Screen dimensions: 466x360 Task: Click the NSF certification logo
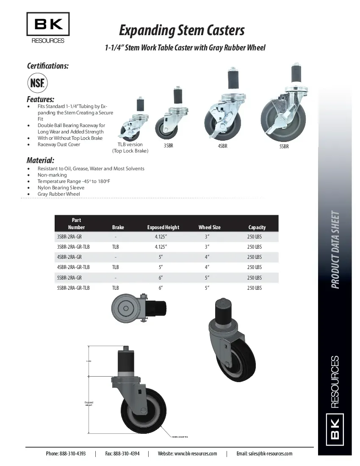tap(38, 82)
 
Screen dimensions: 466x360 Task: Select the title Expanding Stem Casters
tap(182, 31)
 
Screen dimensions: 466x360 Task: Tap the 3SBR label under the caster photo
tap(168, 147)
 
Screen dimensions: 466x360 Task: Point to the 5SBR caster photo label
tap(284, 147)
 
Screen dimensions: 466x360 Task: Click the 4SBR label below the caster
tap(222, 147)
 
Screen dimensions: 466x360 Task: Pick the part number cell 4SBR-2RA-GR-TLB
tap(73, 267)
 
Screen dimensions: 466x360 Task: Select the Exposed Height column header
tap(163, 227)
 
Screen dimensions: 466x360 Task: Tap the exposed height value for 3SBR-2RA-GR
tap(161, 236)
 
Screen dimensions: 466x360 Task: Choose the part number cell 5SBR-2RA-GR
tap(69, 278)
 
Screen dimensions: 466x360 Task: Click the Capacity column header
tap(257, 227)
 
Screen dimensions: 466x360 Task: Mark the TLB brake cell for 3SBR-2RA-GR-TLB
tap(115, 247)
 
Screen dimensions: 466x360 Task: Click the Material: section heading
tap(40, 161)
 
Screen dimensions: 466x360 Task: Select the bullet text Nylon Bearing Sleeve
tap(61, 188)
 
